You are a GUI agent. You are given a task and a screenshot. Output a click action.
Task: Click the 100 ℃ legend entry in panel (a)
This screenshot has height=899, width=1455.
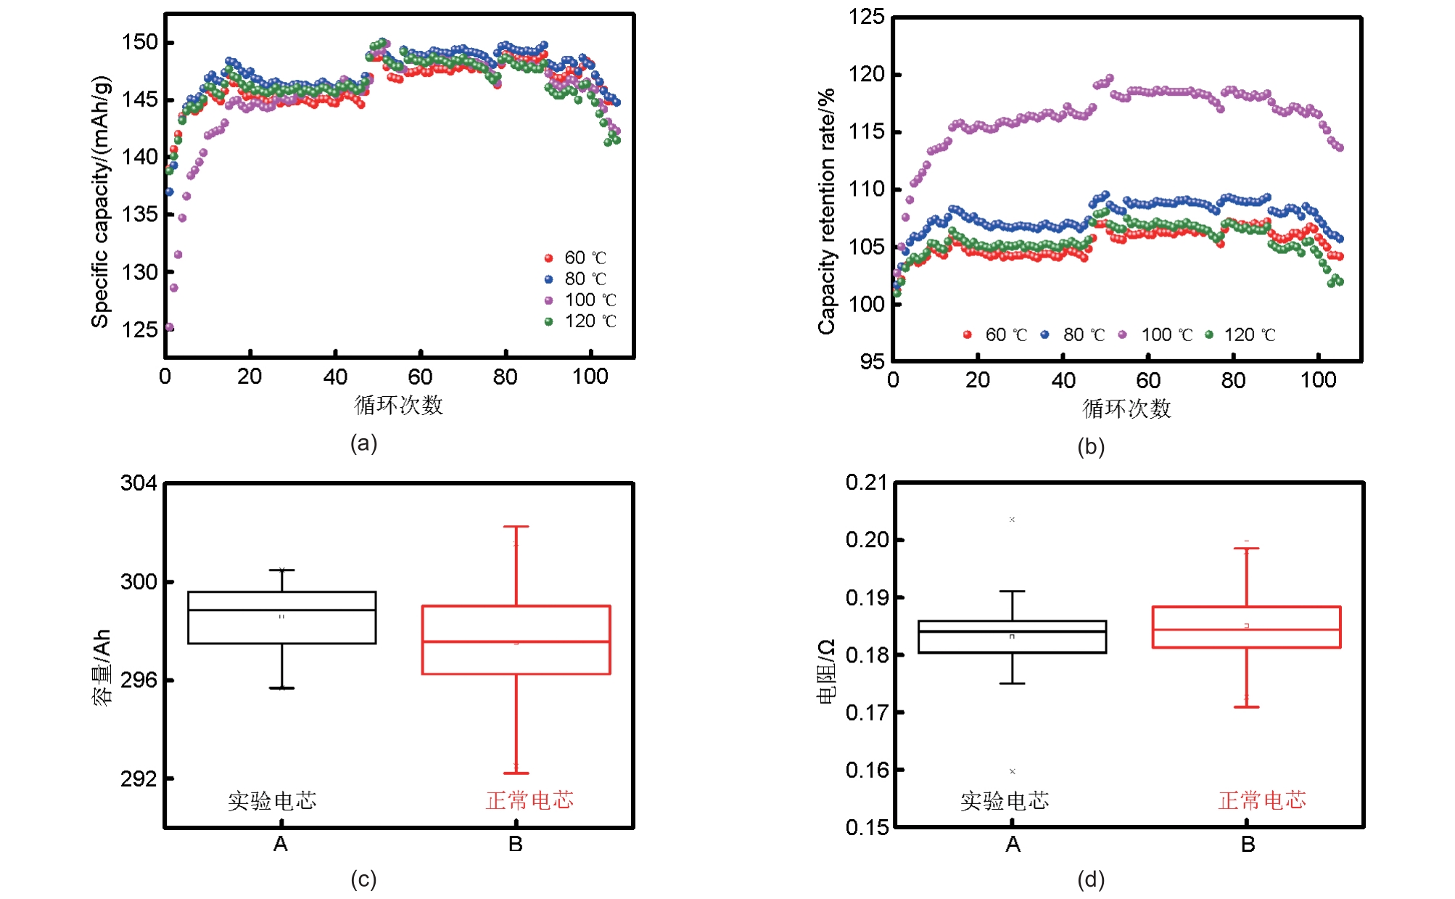point(581,300)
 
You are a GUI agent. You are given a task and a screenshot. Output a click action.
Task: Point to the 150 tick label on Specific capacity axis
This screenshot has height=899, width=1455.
point(139,42)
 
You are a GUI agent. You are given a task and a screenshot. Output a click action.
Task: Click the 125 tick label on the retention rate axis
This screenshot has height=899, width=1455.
point(867,17)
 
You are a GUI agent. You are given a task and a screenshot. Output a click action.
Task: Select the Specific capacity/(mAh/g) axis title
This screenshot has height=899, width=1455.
point(101,201)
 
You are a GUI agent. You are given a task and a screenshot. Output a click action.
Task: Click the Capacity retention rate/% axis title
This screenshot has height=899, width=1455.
point(827,211)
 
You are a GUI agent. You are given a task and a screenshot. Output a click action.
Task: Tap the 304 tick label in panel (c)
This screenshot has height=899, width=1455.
point(139,483)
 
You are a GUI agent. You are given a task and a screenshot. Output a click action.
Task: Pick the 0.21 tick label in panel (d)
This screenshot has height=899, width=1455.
point(866,483)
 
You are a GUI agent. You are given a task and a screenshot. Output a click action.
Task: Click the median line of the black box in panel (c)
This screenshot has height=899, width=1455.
point(282,610)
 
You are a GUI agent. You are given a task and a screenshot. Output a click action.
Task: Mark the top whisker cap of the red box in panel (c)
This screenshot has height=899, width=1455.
point(516,527)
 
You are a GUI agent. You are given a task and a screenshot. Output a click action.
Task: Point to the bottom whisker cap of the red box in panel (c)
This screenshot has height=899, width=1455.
point(516,773)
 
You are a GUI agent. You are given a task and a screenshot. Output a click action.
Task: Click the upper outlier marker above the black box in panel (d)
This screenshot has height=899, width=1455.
point(1012,520)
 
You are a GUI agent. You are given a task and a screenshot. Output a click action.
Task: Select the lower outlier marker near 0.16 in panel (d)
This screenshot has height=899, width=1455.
point(1012,771)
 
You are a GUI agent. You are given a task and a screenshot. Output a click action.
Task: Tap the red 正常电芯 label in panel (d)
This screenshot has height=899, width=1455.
point(1262,800)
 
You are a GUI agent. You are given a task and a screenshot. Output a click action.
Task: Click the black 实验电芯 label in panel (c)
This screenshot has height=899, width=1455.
point(273,800)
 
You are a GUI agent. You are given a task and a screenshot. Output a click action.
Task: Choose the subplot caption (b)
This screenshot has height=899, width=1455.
point(1090,446)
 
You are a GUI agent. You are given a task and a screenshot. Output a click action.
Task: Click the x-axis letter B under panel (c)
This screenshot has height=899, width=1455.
point(516,844)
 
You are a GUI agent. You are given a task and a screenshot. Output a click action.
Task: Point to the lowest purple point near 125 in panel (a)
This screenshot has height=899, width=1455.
point(169,327)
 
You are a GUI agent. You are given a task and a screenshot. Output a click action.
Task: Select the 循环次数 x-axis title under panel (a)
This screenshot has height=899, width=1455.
point(398,405)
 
